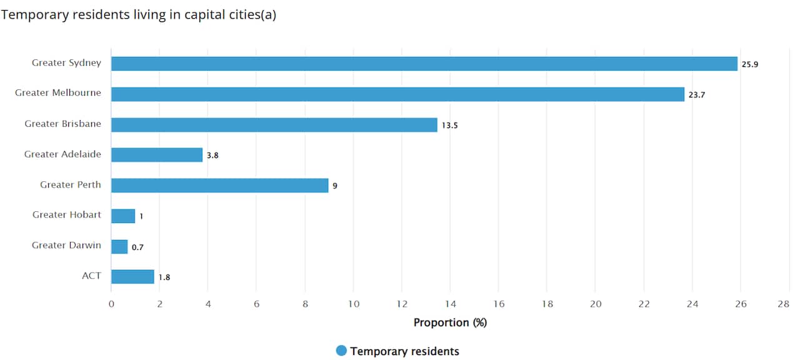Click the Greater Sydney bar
coord(424,64)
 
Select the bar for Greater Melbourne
coord(397,94)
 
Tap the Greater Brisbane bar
coord(274,125)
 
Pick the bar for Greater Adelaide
coord(157,155)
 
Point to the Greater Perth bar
coord(219,186)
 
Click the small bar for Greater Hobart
coord(123,216)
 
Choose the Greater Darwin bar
coord(119,246)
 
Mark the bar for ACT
coord(132,277)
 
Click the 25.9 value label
coord(750,64)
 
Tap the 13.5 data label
coord(450,126)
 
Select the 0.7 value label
coord(137,247)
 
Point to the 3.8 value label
coord(213,156)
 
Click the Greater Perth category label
coord(71,185)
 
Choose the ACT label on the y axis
coord(91,276)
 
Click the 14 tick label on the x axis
coord(450,304)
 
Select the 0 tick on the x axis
coord(111,304)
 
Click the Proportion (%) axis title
coord(450,322)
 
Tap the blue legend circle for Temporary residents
coord(341,351)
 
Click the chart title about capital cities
coord(138,15)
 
